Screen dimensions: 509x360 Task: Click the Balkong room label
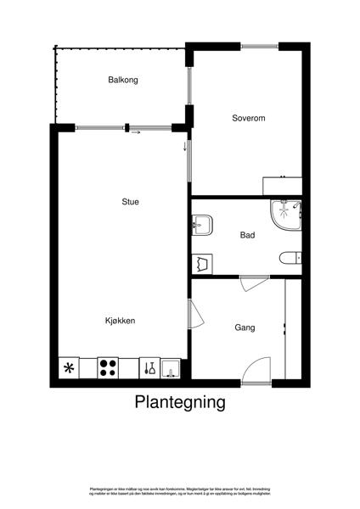point(123,81)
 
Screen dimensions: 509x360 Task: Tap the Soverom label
point(249,119)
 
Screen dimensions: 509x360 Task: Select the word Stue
point(130,202)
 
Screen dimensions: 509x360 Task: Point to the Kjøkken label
point(121,321)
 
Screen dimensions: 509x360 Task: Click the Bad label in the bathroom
point(248,235)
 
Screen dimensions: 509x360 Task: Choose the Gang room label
point(245,327)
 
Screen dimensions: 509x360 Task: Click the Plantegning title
point(180,402)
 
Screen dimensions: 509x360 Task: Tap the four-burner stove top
point(109,368)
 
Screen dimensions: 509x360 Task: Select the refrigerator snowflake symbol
point(69,368)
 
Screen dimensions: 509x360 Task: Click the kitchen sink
point(171,368)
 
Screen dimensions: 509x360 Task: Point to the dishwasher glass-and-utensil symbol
point(149,368)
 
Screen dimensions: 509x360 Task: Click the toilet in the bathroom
point(290,258)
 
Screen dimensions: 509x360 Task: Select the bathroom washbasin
point(202,224)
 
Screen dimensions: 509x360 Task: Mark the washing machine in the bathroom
point(202,263)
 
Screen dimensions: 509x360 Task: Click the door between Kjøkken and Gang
point(194,316)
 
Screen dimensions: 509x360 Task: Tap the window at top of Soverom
point(259,46)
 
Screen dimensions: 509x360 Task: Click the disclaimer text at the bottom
point(180,491)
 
